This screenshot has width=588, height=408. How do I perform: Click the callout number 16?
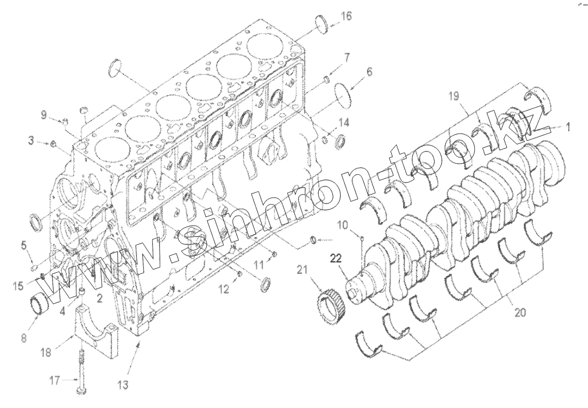(x=346, y=16)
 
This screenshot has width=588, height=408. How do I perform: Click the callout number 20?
(x=520, y=312)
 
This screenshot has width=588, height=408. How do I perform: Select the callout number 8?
(x=23, y=337)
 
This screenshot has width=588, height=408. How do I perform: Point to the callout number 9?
(x=44, y=115)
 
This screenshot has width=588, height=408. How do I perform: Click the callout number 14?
(x=344, y=122)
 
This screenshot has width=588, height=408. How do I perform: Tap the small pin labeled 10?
(x=362, y=238)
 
